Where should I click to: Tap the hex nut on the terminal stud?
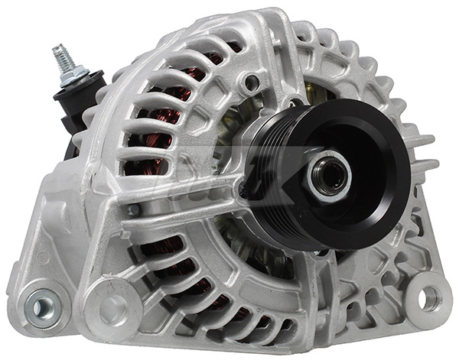pos(73,75)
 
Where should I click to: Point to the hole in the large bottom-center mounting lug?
pos(112,310)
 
